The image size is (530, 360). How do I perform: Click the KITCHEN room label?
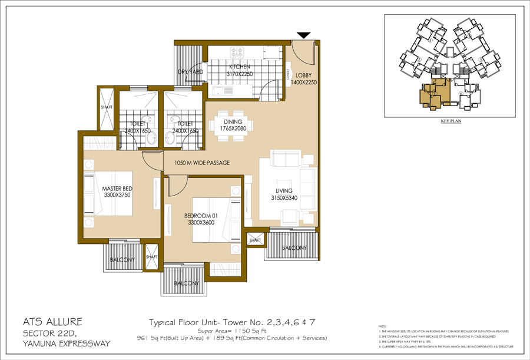click(x=240, y=67)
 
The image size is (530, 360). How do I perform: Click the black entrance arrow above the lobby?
click(x=304, y=36)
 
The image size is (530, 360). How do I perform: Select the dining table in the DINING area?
click(x=232, y=125)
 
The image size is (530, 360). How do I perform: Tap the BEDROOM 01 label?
click(x=199, y=220)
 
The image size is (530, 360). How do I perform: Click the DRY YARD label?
click(x=190, y=72)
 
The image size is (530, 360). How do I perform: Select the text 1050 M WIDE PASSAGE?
click(x=202, y=163)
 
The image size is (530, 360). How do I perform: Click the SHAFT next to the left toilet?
click(x=107, y=108)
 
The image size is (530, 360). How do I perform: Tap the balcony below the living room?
click(x=294, y=248)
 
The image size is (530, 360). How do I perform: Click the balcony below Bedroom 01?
click(x=186, y=283)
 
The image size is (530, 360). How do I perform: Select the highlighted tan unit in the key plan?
click(x=434, y=94)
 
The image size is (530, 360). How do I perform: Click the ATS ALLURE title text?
click(x=52, y=322)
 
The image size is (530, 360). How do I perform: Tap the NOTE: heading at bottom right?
click(x=383, y=326)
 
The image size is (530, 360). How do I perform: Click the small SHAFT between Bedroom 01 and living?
click(x=255, y=240)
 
